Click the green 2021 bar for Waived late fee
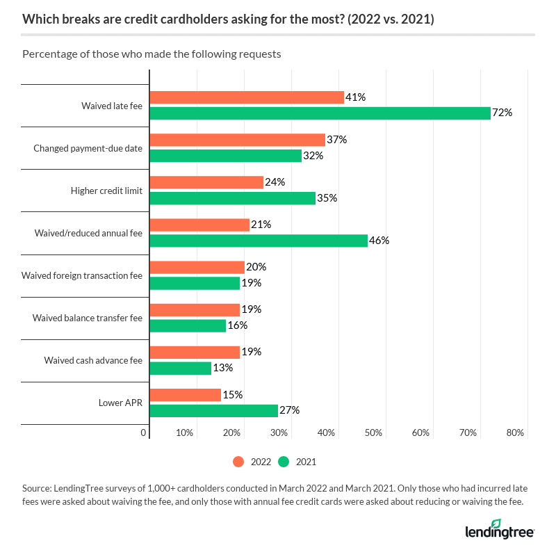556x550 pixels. pyautogui.click(x=320, y=113)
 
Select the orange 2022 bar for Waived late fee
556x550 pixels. pyautogui.click(x=247, y=97)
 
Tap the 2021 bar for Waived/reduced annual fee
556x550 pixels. pyautogui.click(x=259, y=241)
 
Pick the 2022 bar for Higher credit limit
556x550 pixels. pyautogui.click(x=206, y=182)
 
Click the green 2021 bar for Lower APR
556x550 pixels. pyautogui.click(x=213, y=410)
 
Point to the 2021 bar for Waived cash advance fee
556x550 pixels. pyautogui.click(x=181, y=368)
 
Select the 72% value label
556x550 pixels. pyautogui.click(x=502, y=113)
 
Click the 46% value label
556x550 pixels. pyautogui.click(x=379, y=241)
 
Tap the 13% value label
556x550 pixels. pyautogui.click(x=223, y=368)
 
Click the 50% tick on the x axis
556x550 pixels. pyautogui.click(x=373, y=432)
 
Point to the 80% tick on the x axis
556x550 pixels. pyautogui.click(x=515, y=432)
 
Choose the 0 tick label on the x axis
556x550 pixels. pyautogui.click(x=144, y=432)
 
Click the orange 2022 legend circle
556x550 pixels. pyautogui.click(x=238, y=461)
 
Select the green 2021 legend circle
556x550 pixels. pyautogui.click(x=284, y=461)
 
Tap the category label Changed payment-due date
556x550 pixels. pyautogui.click(x=88, y=148)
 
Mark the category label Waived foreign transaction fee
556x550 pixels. pyautogui.click(x=82, y=275)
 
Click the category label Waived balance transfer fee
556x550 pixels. pyautogui.click(x=87, y=318)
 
